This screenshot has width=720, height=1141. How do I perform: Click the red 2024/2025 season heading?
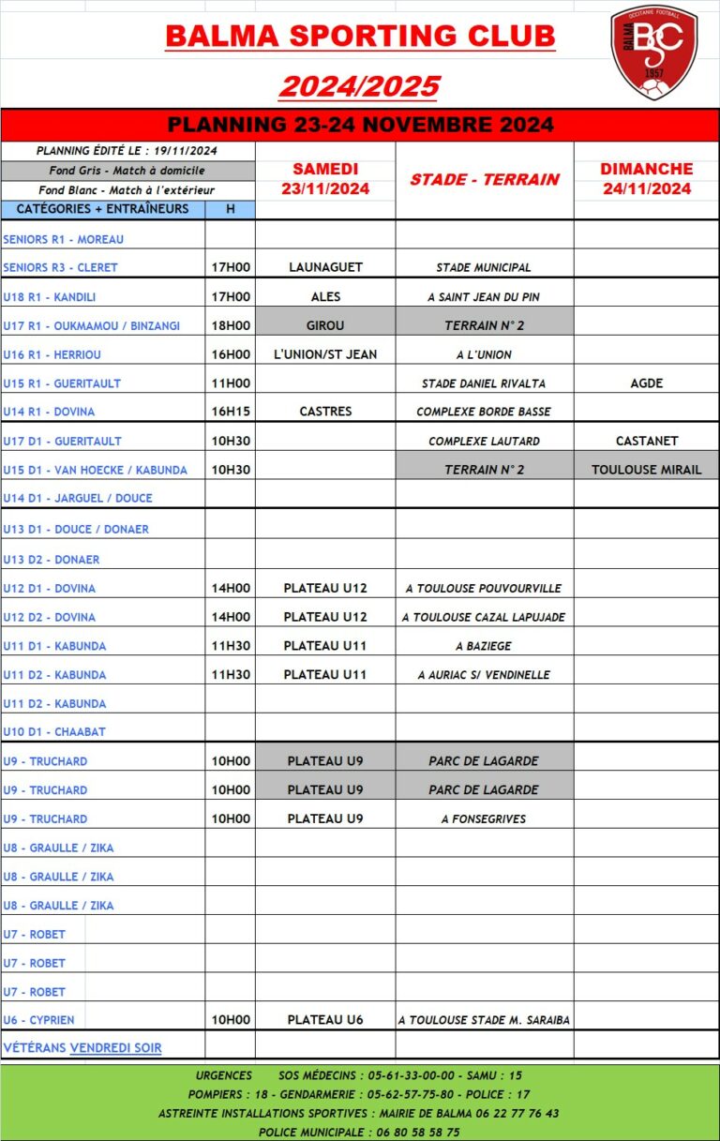[360, 86]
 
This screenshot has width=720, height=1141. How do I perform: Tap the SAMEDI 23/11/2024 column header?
[325, 179]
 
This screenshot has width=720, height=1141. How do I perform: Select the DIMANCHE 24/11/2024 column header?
[646, 179]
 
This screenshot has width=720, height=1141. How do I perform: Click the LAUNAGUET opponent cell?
[325, 267]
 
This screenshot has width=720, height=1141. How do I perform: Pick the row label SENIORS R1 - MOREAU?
[64, 239]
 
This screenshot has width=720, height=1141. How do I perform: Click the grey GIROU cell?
[325, 325]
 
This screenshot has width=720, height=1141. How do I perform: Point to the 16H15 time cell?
[231, 412]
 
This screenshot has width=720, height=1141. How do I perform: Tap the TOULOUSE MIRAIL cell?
[646, 470]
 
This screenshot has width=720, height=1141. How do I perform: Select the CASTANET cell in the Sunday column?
[646, 441]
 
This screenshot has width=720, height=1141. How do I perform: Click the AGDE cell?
[646, 383]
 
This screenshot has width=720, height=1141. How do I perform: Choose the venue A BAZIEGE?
[484, 646]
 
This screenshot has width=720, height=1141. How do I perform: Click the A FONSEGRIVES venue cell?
[484, 818]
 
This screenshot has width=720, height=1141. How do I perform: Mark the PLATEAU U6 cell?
[325, 1020]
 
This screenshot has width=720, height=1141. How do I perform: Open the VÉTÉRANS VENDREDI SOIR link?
[82, 1048]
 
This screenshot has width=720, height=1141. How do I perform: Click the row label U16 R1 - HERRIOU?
[52, 354]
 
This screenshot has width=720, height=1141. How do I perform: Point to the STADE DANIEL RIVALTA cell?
[484, 383]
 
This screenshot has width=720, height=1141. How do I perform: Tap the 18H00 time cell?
[231, 325]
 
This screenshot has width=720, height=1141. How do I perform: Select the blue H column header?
[231, 210]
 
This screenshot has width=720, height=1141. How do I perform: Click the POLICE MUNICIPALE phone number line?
[359, 1132]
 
